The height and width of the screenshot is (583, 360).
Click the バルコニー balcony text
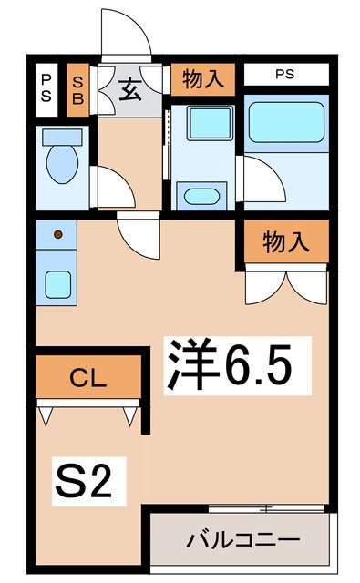click(243, 539)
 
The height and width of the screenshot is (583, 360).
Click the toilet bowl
click(62, 162)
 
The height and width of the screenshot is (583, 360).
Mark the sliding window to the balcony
click(264, 506)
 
